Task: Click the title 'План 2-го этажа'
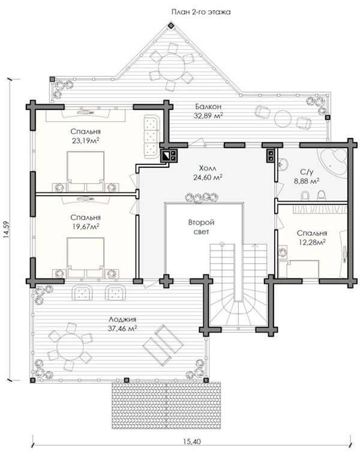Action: tap(200, 12)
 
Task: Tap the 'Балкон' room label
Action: tap(208, 106)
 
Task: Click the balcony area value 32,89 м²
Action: tap(208, 116)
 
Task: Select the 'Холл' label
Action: tap(208, 168)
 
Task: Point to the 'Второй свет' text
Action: tap(201, 227)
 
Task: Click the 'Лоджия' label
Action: tap(122, 319)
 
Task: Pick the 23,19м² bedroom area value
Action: tap(85, 141)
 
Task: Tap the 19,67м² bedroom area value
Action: tap(85, 227)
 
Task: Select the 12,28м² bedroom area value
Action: tap(312, 242)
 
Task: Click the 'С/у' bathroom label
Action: tap(306, 172)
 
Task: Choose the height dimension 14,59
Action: tap(7, 230)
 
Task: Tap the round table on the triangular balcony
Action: tap(172, 67)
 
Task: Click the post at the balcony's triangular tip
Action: tap(171, 26)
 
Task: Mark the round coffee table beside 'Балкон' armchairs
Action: tap(282, 118)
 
